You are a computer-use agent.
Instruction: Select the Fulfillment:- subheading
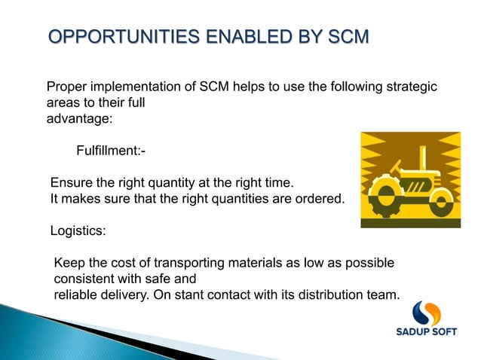click(111, 152)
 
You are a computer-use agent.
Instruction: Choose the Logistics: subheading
click(78, 230)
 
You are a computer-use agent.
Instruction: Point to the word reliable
click(75, 294)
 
